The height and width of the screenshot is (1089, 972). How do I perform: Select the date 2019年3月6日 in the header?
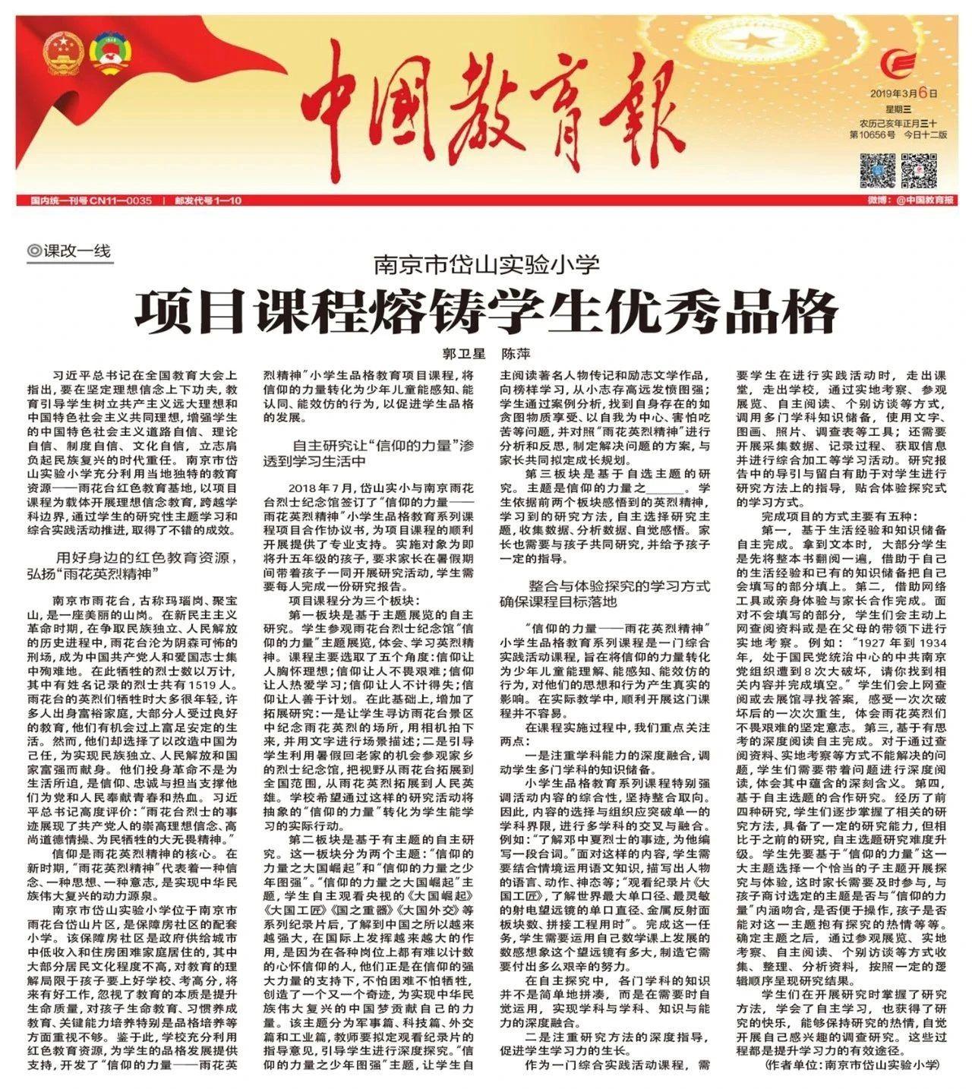click(904, 94)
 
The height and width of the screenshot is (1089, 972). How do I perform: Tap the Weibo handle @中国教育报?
click(920, 201)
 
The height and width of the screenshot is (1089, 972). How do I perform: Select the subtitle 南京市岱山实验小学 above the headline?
click(486, 265)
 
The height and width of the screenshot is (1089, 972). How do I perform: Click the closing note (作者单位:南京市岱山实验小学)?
click(850, 1065)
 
